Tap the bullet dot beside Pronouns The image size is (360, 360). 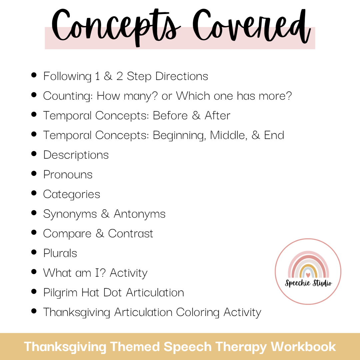(34, 173)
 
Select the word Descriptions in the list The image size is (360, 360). (76, 155)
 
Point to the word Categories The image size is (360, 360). (72, 194)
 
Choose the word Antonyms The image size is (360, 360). (140, 214)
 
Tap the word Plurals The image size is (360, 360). (60, 253)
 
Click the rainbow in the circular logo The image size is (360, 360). (308, 265)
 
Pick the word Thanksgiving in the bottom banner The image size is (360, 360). (65, 347)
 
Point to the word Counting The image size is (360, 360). (68, 96)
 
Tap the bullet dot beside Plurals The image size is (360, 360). (34, 252)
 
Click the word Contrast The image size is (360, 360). (131, 234)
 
